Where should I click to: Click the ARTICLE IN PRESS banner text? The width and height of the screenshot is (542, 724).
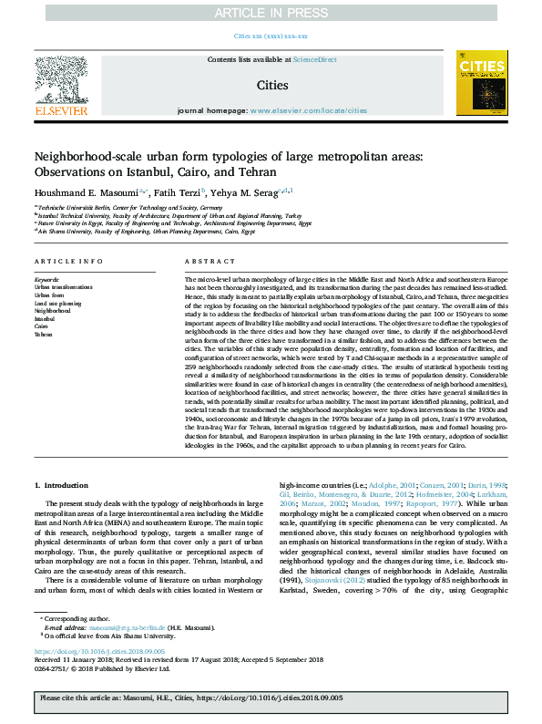(x=271, y=12)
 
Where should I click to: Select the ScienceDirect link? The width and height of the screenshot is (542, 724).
(x=314, y=60)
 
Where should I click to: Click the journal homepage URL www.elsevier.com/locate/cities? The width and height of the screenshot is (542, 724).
(x=302, y=109)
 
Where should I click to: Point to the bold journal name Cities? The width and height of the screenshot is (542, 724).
(x=271, y=85)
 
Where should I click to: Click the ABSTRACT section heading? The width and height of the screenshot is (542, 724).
(x=203, y=260)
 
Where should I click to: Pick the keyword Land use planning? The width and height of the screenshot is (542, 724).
(x=58, y=303)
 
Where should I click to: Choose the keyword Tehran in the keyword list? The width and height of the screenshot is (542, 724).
(x=44, y=335)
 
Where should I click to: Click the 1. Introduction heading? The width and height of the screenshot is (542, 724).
(x=67, y=487)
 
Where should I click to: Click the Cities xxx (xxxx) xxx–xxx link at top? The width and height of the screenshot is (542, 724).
(x=271, y=36)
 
